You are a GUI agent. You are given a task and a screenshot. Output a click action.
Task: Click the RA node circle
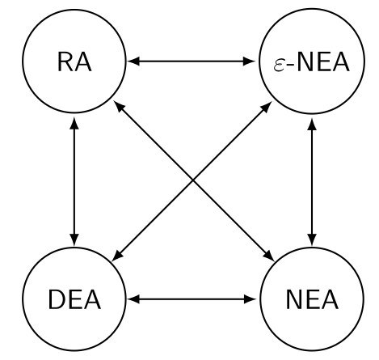click(x=74, y=61)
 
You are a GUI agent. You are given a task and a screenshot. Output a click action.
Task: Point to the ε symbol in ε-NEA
click(x=278, y=63)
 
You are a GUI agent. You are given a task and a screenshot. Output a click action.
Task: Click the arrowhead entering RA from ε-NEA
click(x=133, y=61)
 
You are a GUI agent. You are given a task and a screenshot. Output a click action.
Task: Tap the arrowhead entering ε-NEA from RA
click(x=251, y=61)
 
